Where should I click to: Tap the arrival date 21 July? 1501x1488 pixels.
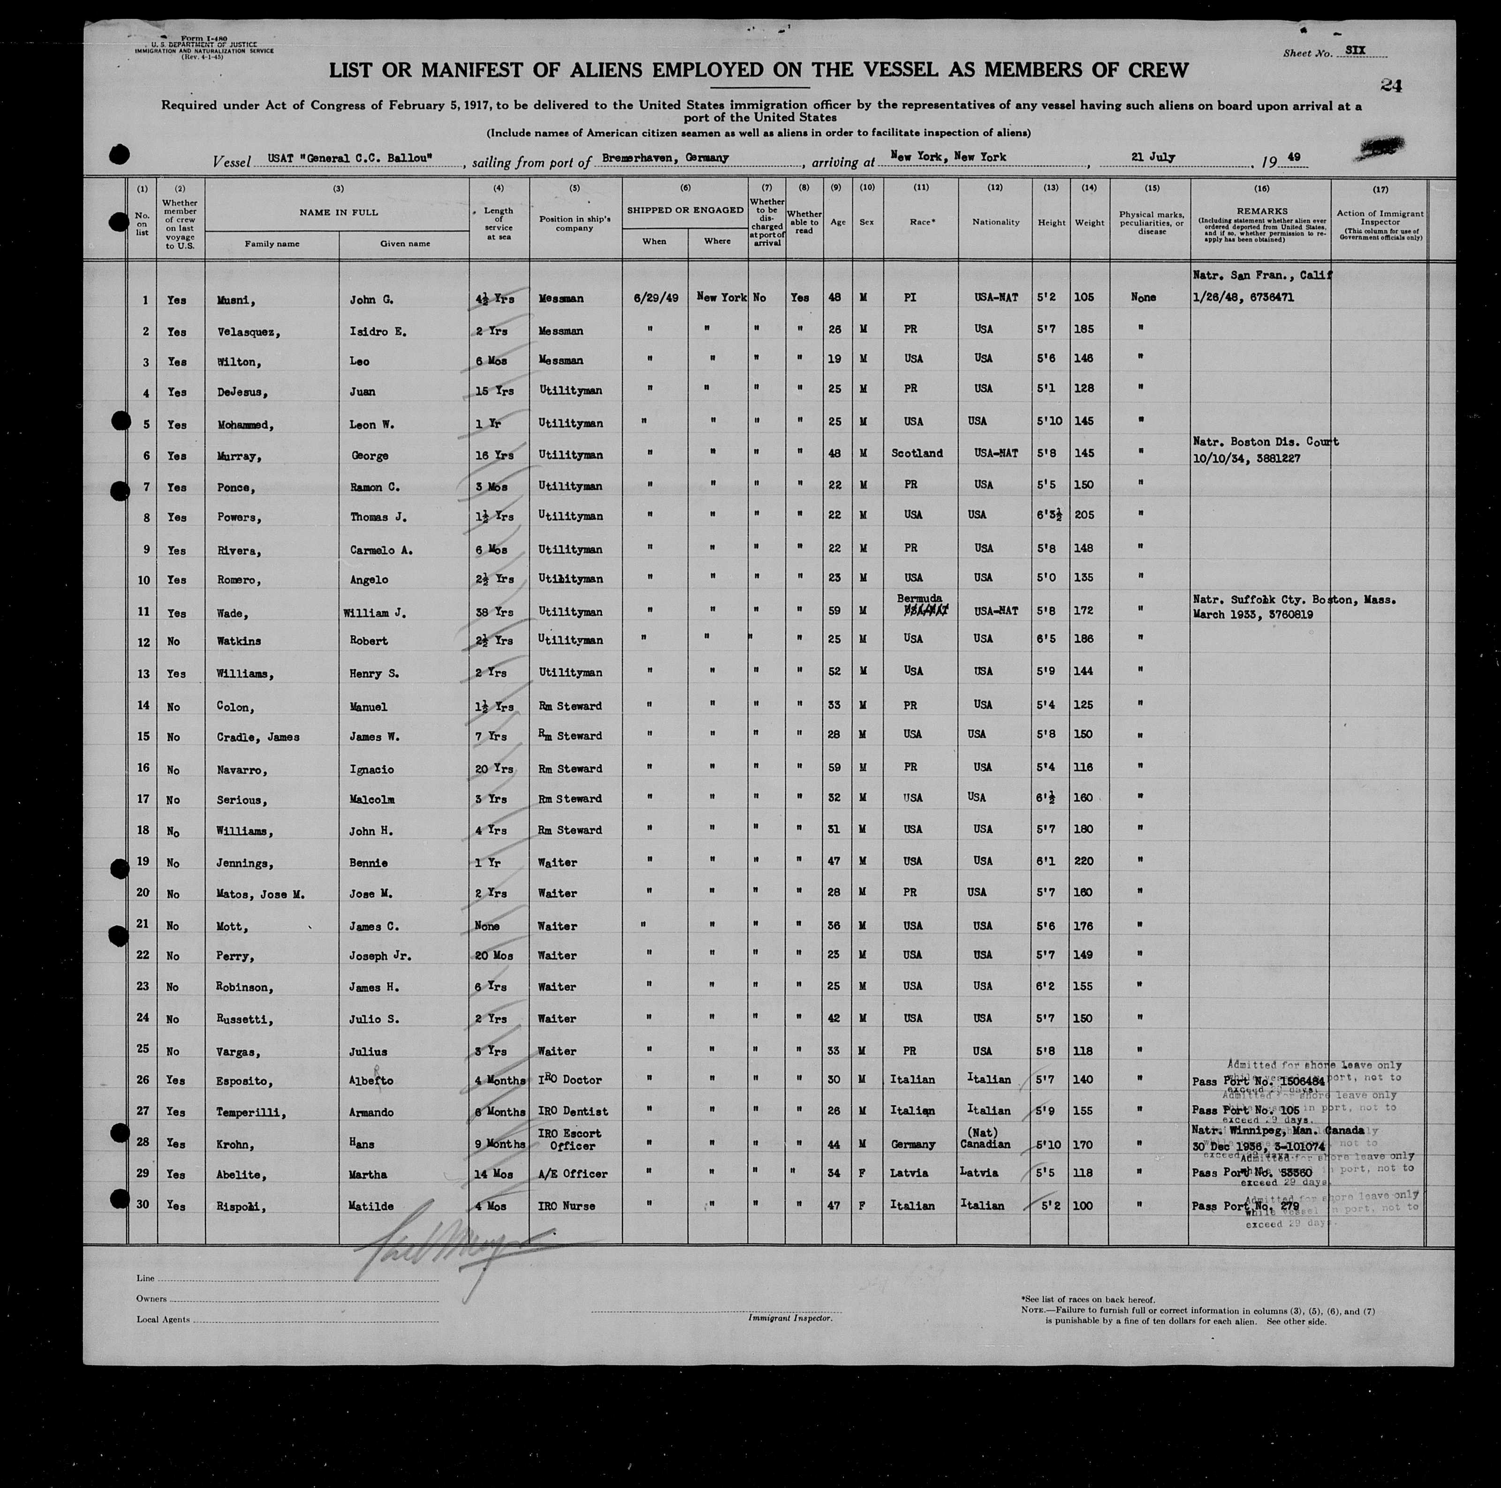point(1153,157)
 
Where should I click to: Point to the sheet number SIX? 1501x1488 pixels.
point(1355,51)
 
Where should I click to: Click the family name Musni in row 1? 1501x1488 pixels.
point(233,300)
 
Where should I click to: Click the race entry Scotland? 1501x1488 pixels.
point(917,453)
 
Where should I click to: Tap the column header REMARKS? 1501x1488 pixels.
point(1260,211)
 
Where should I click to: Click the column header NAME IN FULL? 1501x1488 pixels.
point(338,212)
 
